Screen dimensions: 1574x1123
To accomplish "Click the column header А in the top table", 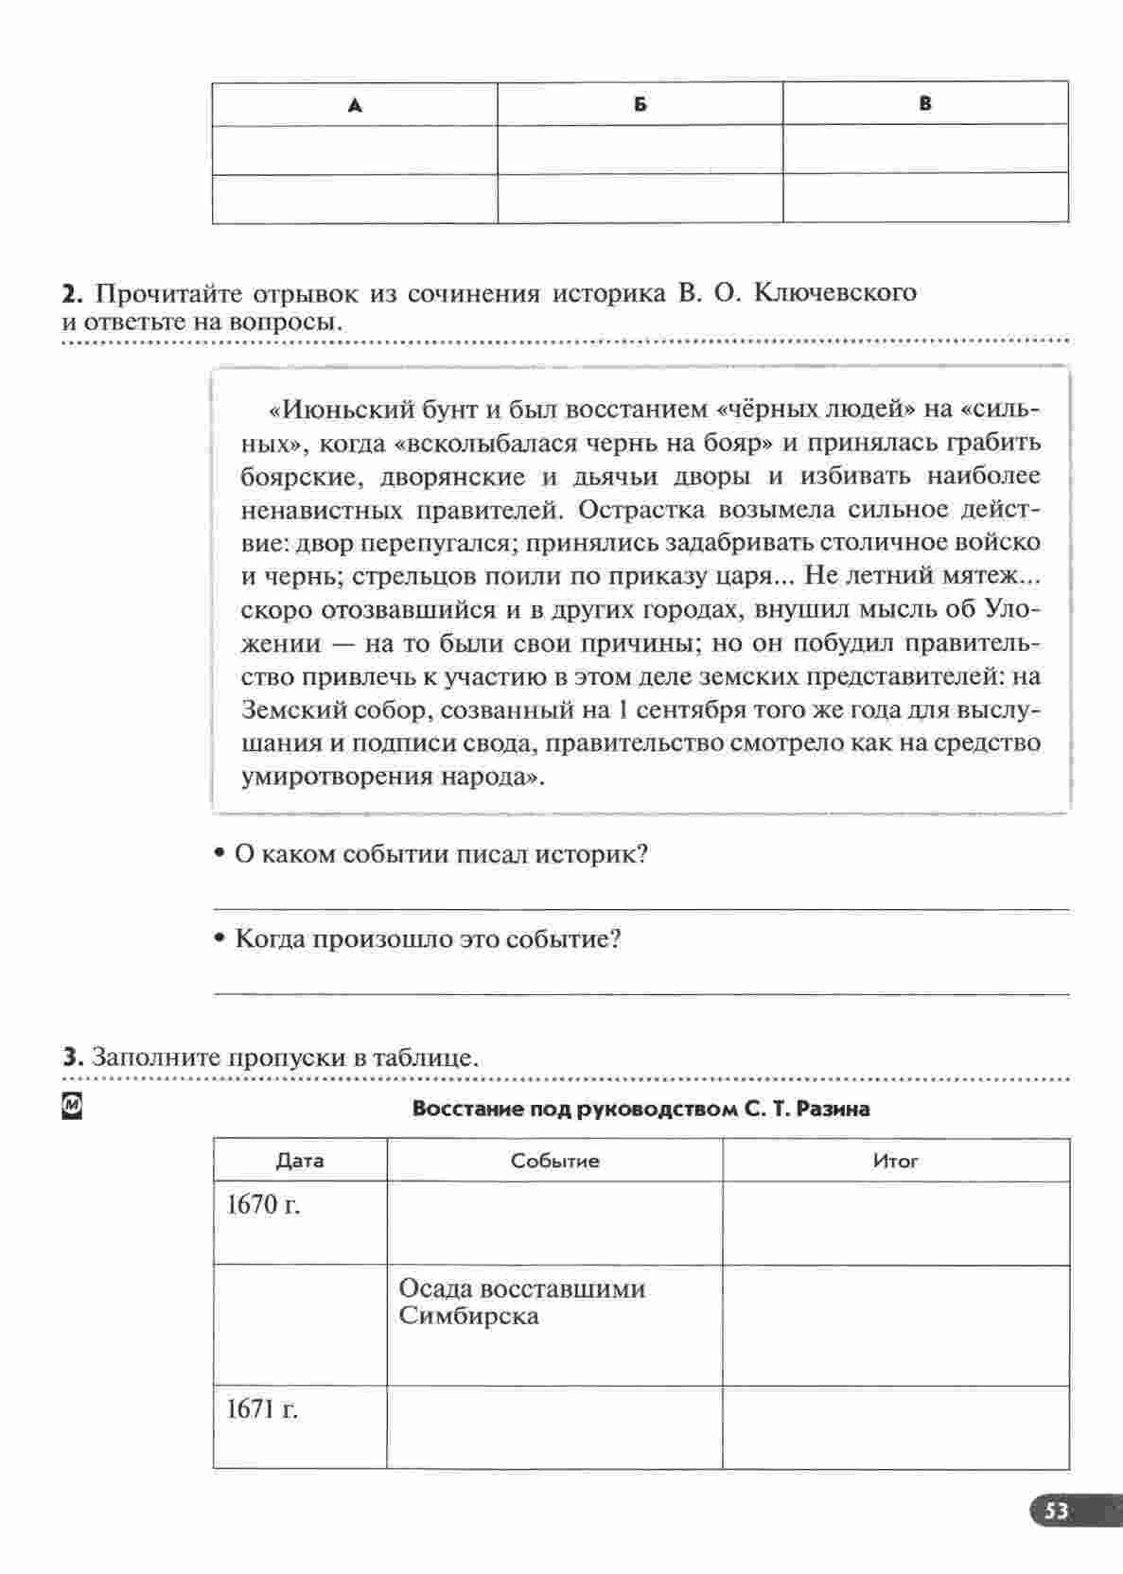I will click(x=355, y=106).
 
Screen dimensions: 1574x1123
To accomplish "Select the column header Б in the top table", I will click(x=640, y=105).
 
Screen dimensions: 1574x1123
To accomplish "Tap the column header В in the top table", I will click(x=925, y=104).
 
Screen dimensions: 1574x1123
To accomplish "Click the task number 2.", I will click(x=70, y=293).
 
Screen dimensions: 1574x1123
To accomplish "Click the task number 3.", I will click(x=70, y=1057).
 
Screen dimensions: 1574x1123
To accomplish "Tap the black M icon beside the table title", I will click(x=71, y=1106).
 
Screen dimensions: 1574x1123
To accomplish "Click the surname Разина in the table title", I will click(x=833, y=1109).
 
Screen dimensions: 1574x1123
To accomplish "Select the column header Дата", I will click(x=299, y=1161).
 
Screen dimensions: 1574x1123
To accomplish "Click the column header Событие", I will click(x=554, y=1161).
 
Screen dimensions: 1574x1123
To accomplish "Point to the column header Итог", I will click(x=895, y=1161).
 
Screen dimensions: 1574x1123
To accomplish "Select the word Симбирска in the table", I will click(x=468, y=1316).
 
